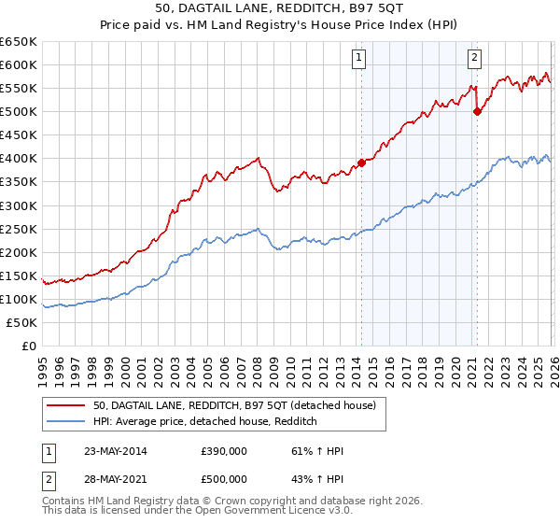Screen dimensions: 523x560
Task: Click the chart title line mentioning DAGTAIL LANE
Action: point(280,9)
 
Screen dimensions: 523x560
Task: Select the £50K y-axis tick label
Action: point(21,322)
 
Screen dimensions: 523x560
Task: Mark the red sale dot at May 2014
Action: point(362,163)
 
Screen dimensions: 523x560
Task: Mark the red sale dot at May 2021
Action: point(477,111)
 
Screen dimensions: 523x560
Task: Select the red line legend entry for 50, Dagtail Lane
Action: point(233,405)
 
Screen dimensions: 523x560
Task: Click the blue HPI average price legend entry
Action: point(205,422)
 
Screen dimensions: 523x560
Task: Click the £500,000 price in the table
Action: point(223,478)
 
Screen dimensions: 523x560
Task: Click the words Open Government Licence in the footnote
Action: point(273,513)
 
